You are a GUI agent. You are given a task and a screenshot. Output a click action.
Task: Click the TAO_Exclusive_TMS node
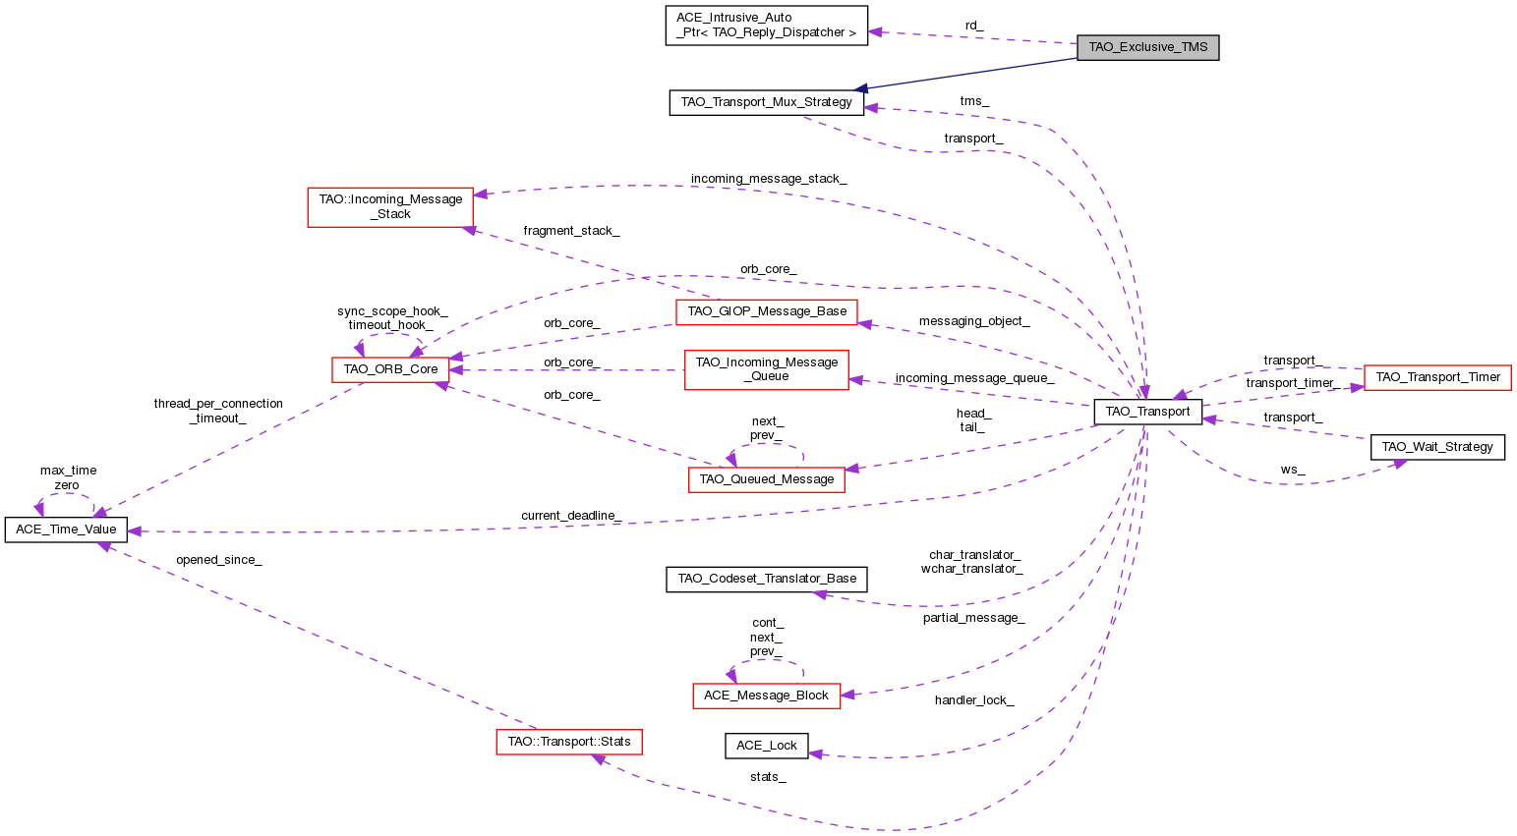coord(1147,47)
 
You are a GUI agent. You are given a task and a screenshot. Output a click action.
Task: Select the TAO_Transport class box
coord(1147,412)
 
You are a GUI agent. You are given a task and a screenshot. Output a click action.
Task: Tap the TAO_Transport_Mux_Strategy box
coord(766,102)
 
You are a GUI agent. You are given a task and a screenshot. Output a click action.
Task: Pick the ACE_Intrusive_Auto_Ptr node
coord(766,25)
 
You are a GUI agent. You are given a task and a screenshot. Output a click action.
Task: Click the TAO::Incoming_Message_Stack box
coord(390,206)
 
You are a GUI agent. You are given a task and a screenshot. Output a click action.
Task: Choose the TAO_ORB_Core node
coord(390,369)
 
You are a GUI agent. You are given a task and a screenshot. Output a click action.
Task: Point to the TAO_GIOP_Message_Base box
coord(767,311)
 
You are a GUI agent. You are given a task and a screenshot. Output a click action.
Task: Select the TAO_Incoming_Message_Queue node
coord(766,369)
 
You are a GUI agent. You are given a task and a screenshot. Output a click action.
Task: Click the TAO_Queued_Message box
coord(766,479)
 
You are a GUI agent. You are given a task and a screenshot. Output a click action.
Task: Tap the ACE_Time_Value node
coord(66,529)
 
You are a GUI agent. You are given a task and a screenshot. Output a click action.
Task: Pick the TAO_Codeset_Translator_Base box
coord(767,579)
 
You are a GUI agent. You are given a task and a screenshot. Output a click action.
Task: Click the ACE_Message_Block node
coord(766,696)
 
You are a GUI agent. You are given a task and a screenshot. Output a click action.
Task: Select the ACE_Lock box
coord(766,746)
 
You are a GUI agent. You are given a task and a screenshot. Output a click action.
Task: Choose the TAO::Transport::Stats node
coord(568,741)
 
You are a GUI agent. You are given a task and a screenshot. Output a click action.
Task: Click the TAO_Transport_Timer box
coord(1437,377)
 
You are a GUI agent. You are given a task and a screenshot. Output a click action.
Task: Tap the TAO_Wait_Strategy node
coord(1436,447)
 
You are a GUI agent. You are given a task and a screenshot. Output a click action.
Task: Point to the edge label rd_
coord(973,25)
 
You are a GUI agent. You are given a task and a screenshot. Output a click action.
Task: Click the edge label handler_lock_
coord(973,700)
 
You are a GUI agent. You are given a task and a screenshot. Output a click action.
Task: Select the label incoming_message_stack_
coord(768,179)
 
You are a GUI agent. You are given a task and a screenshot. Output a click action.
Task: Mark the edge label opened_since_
coord(218,560)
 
